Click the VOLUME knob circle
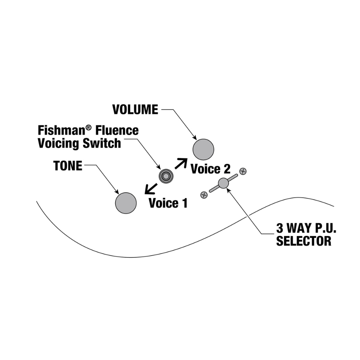[203, 149]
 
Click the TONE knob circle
[126, 203]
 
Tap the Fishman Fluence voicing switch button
[166, 176]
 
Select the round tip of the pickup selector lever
[223, 183]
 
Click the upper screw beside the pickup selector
[243, 171]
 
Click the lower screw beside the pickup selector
[204, 195]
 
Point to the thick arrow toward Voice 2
[181, 163]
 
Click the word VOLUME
[135, 109]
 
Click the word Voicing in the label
[58, 143]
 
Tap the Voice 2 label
[210, 168]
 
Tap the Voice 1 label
[168, 203]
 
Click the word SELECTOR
[303, 241]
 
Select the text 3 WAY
[290, 228]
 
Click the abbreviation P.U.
[319, 228]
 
